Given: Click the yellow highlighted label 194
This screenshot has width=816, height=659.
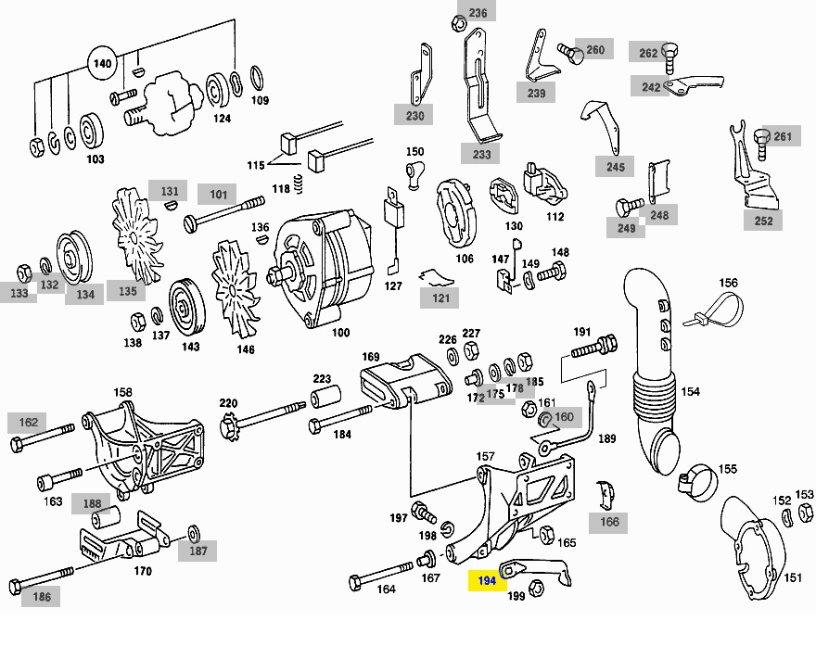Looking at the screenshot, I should (488, 580).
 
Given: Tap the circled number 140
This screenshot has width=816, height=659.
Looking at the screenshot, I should (103, 64).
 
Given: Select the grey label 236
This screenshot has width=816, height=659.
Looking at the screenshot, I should (478, 13).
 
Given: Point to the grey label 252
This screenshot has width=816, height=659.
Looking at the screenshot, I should (763, 221).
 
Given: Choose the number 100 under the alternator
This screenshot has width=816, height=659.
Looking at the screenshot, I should (340, 332).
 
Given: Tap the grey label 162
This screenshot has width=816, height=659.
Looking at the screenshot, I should (29, 423).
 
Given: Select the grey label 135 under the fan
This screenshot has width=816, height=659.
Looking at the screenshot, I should (127, 291).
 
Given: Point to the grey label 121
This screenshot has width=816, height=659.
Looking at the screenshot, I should (440, 298).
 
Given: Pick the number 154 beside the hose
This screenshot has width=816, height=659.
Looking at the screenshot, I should (690, 391).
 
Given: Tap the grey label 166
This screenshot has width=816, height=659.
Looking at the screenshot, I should (609, 522).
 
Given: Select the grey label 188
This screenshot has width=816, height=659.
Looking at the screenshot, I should (92, 504).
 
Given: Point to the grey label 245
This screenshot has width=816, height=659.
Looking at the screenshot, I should (616, 167).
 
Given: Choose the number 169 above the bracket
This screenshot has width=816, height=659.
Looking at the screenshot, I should (371, 356).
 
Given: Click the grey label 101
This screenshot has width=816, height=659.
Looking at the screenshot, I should (218, 195).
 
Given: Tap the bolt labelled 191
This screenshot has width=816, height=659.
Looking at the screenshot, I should (593, 349).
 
